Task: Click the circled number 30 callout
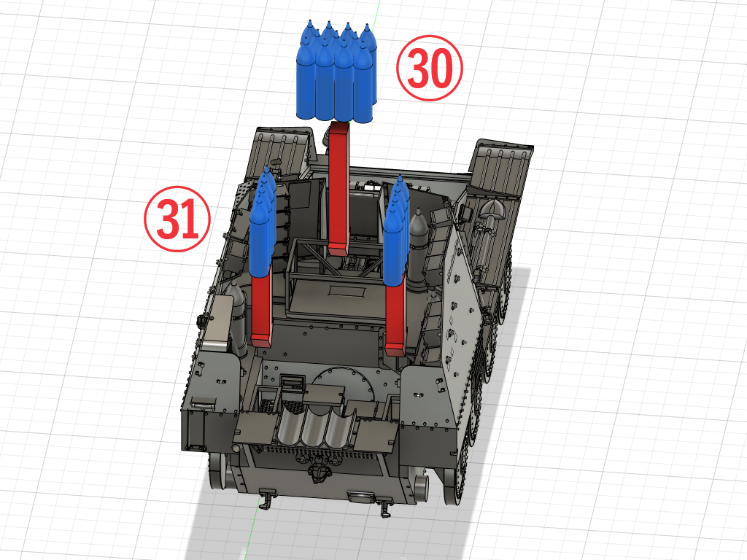tap(429, 68)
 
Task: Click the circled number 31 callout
tap(177, 219)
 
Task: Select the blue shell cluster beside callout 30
tap(336, 71)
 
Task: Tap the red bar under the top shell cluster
tap(338, 187)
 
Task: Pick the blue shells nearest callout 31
tap(263, 223)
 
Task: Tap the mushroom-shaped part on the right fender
tap(492, 208)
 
